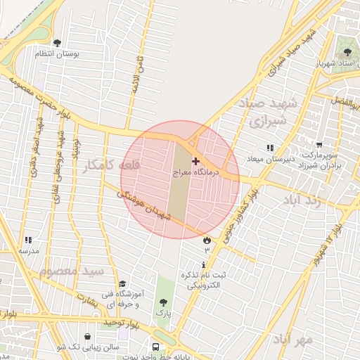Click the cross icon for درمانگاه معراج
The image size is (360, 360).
(195, 162)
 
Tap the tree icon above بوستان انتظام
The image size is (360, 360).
(57, 43)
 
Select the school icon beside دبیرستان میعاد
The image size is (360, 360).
(269, 148)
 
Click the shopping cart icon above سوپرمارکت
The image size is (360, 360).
(320, 143)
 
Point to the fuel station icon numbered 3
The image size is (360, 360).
(207, 240)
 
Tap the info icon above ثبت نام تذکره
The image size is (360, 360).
(205, 265)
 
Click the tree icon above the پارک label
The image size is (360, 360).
(163, 301)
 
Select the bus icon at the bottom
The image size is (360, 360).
(156, 347)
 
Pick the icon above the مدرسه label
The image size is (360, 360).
(28, 240)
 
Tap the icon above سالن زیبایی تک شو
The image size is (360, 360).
(87, 337)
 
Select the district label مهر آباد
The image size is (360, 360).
(294, 339)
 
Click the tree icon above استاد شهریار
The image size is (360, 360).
(345, 51)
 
